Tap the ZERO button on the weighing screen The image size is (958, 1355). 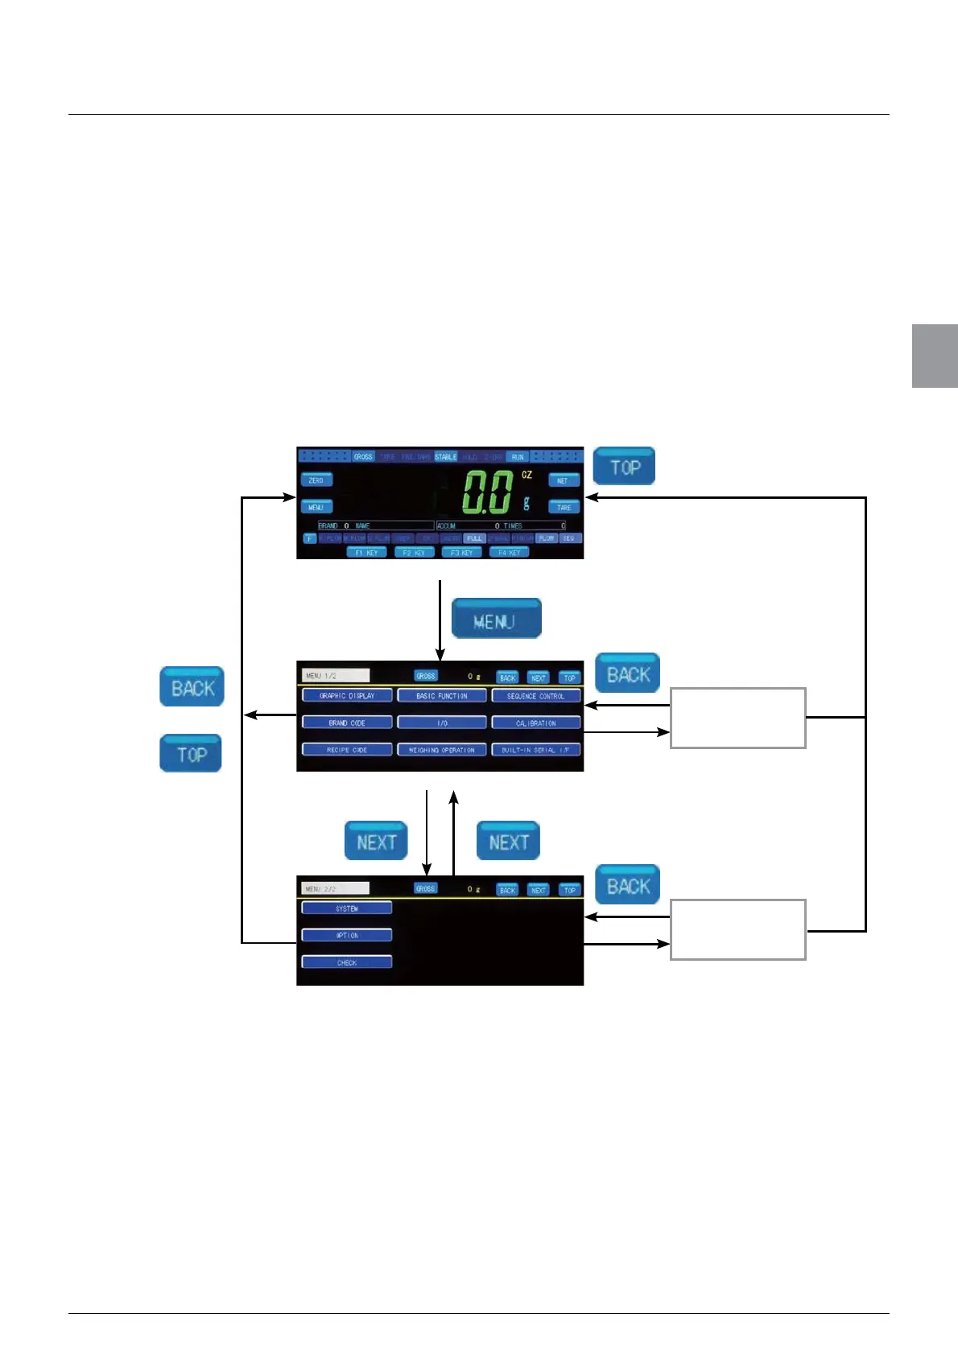click(316, 480)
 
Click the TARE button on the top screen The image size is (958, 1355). click(564, 507)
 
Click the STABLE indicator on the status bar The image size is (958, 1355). click(445, 456)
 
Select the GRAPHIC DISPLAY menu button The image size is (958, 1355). click(347, 695)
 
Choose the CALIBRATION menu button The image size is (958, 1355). click(535, 723)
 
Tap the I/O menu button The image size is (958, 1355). click(442, 723)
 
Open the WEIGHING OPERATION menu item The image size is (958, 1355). click(442, 750)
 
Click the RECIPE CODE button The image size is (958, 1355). click(347, 750)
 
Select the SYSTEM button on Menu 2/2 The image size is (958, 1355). click(347, 908)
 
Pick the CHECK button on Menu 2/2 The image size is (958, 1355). click(347, 962)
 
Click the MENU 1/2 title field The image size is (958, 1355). click(336, 676)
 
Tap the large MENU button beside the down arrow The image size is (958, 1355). click(496, 619)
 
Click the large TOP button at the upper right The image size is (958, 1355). click(624, 466)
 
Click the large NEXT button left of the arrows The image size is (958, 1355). click(376, 841)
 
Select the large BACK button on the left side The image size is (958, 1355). click(192, 687)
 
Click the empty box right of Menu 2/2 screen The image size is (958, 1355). click(737, 929)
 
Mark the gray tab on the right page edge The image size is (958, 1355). click(935, 356)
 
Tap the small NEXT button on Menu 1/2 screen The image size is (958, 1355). click(539, 677)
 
